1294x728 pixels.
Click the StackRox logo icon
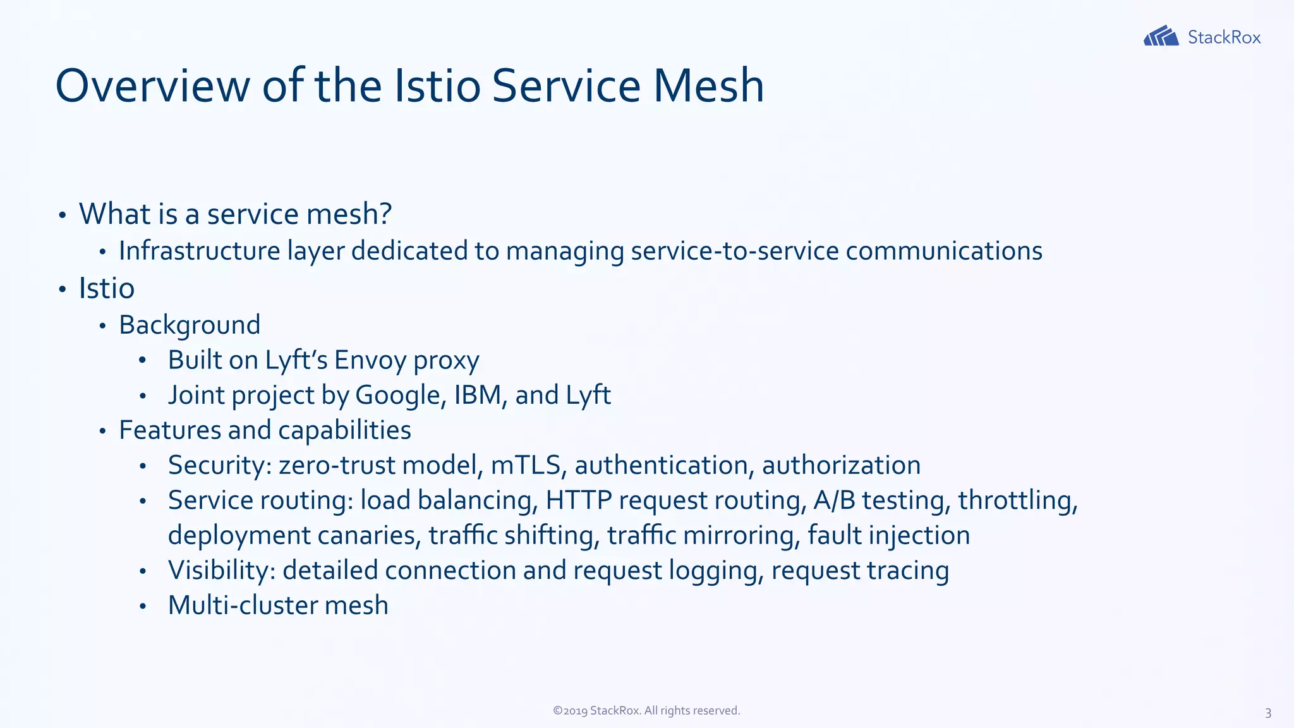1161,37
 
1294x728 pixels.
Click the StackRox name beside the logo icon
1224,37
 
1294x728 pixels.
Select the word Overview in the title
152,86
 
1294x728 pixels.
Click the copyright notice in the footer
646,710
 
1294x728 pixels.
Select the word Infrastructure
199,251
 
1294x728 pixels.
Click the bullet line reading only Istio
106,289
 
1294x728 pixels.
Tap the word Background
190,325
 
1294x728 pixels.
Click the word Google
398,395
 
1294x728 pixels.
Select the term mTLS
526,465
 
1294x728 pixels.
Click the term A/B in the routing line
834,500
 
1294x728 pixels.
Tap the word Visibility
219,571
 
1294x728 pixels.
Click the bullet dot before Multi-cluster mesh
143,606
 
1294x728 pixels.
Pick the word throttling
1016,500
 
